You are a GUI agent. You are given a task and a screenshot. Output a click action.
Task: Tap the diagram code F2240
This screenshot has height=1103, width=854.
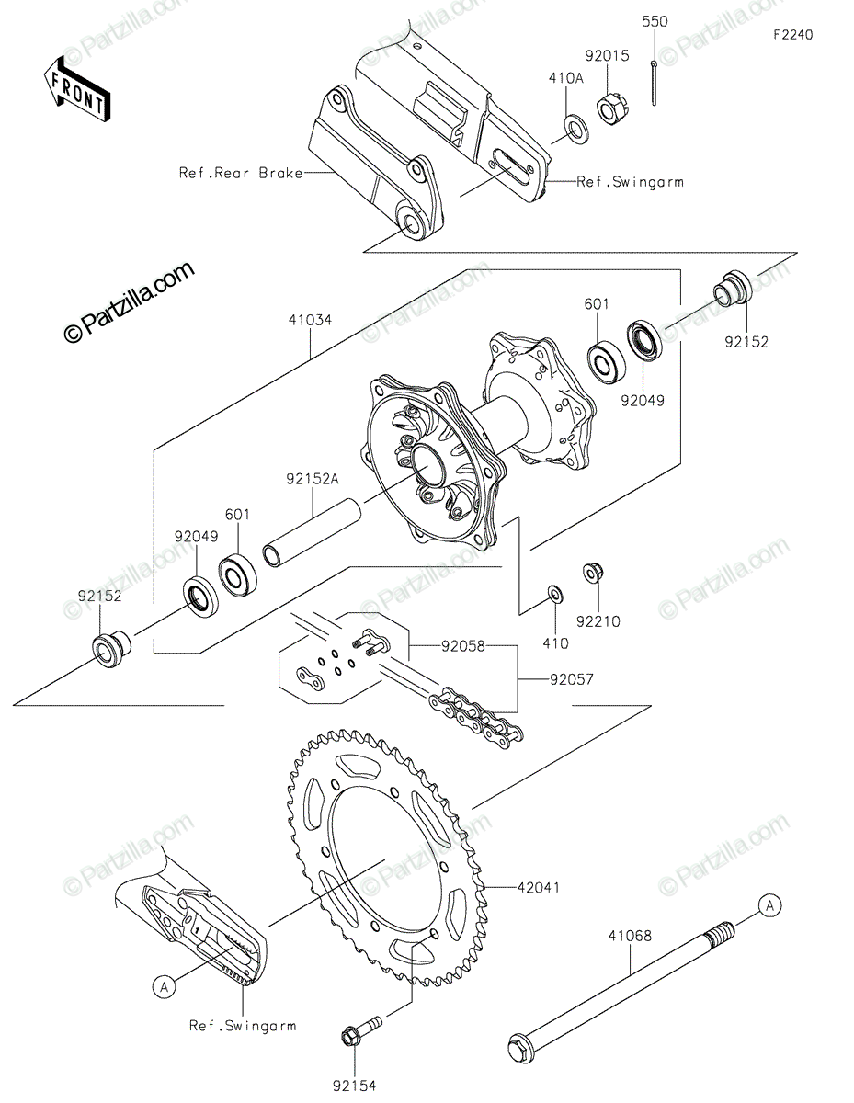(791, 35)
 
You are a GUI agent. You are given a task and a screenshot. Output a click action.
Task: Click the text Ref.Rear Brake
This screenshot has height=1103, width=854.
(242, 172)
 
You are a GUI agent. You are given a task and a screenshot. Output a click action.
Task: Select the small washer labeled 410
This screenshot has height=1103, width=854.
(555, 594)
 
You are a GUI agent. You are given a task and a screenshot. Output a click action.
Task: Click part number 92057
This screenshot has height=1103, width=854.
(572, 680)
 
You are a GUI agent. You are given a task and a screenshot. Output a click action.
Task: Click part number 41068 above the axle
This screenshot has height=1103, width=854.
(629, 936)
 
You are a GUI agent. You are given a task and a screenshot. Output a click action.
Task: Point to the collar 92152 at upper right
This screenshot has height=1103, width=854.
(733, 286)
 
